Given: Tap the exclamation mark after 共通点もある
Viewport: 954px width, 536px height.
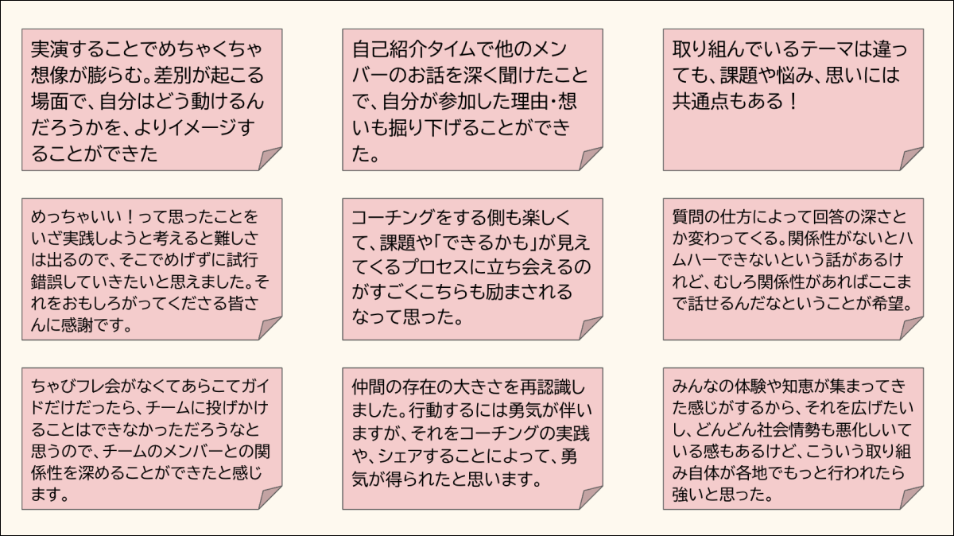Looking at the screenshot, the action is pos(793,102).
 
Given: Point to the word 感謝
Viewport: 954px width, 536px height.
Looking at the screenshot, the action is pos(77,325).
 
